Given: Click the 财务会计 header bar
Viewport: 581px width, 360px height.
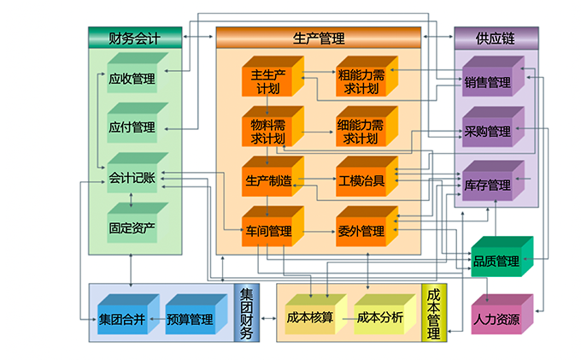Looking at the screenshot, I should coord(135,38).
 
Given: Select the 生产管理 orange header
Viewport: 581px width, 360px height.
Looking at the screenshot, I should coord(319,38).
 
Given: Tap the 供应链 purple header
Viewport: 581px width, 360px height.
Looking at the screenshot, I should coord(496,38).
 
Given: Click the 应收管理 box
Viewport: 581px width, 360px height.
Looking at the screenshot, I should coord(132,79).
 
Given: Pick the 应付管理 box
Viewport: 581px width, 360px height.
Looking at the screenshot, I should coord(132,127).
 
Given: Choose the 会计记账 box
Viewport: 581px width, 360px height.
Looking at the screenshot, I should coord(132,178).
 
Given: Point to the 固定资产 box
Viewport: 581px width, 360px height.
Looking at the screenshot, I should coord(132,227).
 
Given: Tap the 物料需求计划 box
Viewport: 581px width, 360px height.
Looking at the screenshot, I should coord(268,131).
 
